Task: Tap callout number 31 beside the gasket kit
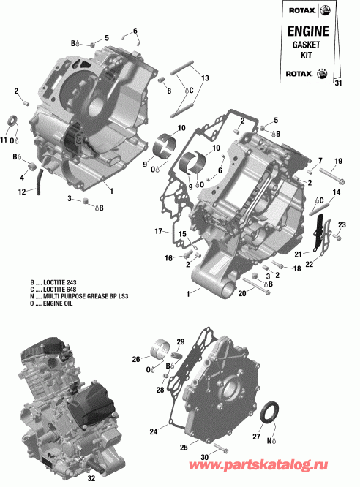[337, 83]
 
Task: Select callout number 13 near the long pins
[205, 78]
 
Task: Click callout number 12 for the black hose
[23, 192]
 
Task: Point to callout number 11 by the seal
[4, 140]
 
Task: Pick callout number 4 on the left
[22, 177]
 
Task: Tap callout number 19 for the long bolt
[338, 161]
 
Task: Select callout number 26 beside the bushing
[136, 359]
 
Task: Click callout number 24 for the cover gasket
[154, 431]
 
